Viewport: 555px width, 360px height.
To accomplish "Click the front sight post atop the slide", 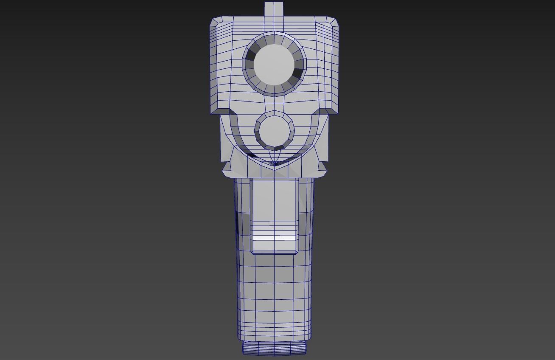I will pyautogui.click(x=274, y=9).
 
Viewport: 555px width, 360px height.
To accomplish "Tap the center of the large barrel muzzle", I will pyautogui.click(x=274, y=64).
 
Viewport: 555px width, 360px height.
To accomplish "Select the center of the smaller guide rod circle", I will pyautogui.click(x=274, y=131).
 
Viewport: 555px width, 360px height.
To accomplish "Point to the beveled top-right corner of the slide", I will pyautogui.click(x=332, y=22).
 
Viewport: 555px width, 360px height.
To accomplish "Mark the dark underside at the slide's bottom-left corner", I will pyautogui.click(x=220, y=111).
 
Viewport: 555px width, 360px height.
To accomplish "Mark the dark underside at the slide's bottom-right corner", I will pyautogui.click(x=328, y=111).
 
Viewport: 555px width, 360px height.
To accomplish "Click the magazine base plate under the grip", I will pyautogui.click(x=274, y=349).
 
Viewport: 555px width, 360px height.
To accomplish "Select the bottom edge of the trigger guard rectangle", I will pyautogui.click(x=274, y=253).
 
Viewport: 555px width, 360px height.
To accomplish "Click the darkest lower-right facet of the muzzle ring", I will pyautogui.click(x=298, y=75).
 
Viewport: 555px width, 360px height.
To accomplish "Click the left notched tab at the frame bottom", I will pyautogui.click(x=227, y=167).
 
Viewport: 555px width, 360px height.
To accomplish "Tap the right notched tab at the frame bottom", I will pyautogui.click(x=322, y=167).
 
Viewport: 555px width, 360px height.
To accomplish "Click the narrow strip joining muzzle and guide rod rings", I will pyautogui.click(x=274, y=104).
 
